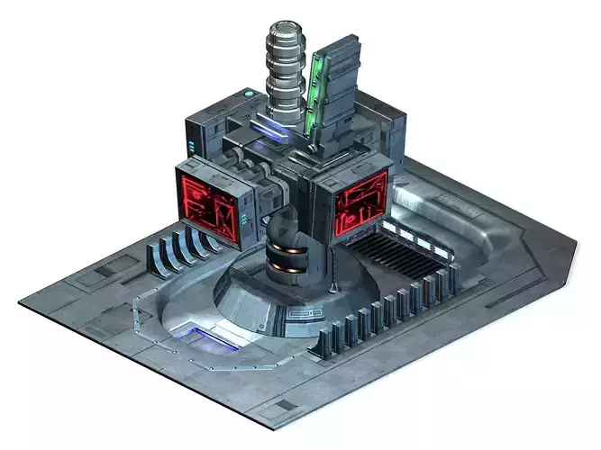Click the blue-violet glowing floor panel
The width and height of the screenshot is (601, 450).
208,338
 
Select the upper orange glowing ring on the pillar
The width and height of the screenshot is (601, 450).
287,247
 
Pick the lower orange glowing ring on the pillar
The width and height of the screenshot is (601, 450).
287,268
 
